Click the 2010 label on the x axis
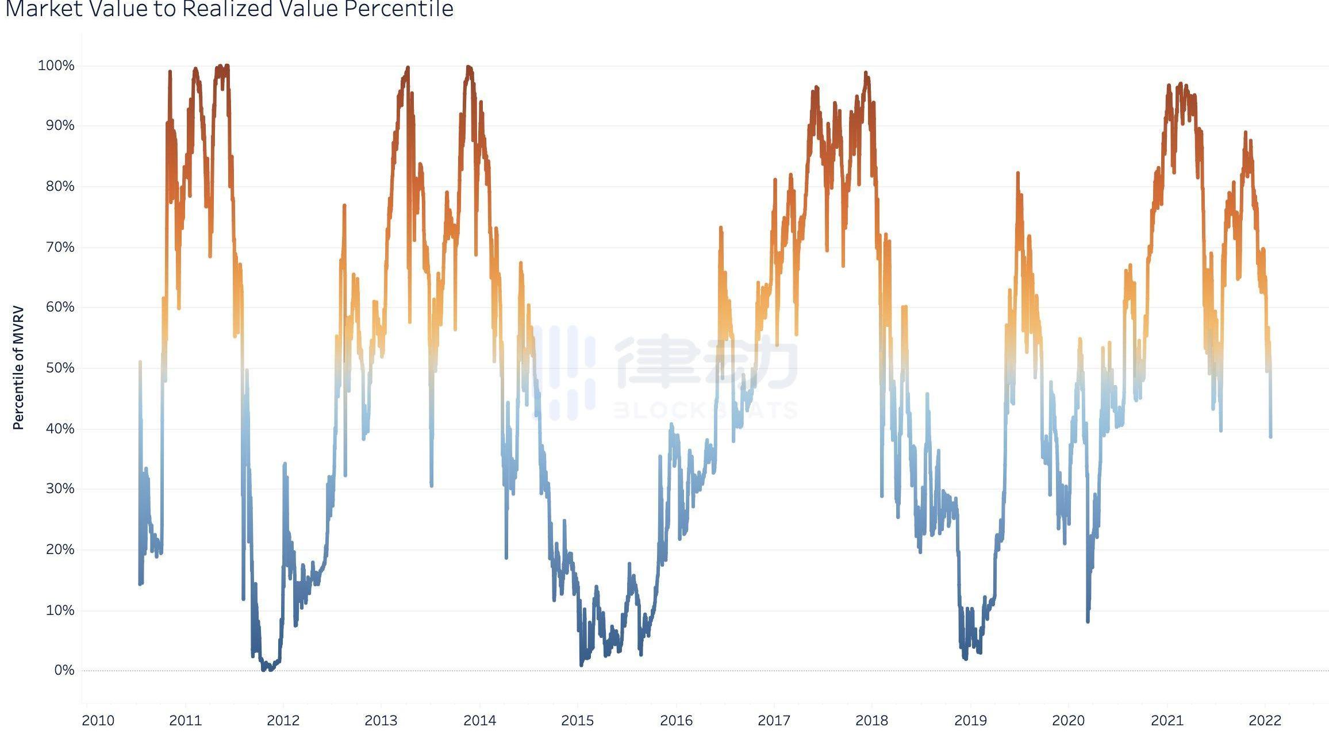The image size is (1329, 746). tap(98, 720)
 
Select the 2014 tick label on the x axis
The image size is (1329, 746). tap(479, 720)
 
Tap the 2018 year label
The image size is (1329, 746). tap(871, 720)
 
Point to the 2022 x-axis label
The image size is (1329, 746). tap(1265, 720)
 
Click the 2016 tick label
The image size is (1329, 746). tap(676, 720)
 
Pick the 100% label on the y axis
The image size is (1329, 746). tap(56, 66)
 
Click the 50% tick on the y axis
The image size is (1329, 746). tap(60, 368)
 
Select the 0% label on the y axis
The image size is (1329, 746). tap(64, 670)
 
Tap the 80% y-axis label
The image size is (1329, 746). tap(60, 186)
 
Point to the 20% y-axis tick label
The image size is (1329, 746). tap(60, 549)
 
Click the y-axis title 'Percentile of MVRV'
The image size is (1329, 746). tap(18, 368)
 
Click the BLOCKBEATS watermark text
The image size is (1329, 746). tap(706, 410)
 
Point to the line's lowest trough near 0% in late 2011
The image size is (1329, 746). tap(265, 669)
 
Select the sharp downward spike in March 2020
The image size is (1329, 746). tap(1088, 621)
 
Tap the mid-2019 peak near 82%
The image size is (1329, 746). tap(1017, 173)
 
